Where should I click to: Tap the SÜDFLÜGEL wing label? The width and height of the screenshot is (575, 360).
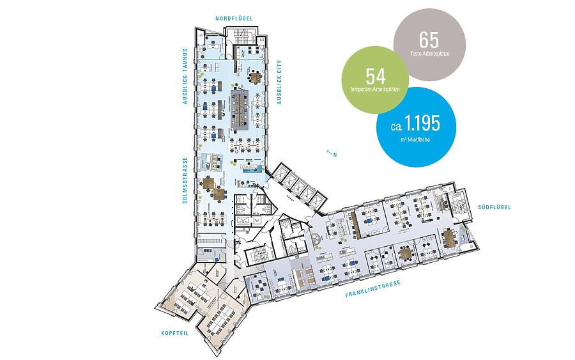pos(494,207)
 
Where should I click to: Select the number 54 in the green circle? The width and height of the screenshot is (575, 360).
pos(375,77)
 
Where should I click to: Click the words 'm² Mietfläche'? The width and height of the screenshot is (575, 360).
pos(416,139)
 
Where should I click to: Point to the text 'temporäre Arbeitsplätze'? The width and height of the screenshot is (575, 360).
pos(375,89)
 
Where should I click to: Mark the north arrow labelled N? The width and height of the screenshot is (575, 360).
pos(330,153)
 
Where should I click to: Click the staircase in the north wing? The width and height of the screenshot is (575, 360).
pos(246,51)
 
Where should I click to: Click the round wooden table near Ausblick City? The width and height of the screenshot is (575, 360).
pos(255,77)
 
